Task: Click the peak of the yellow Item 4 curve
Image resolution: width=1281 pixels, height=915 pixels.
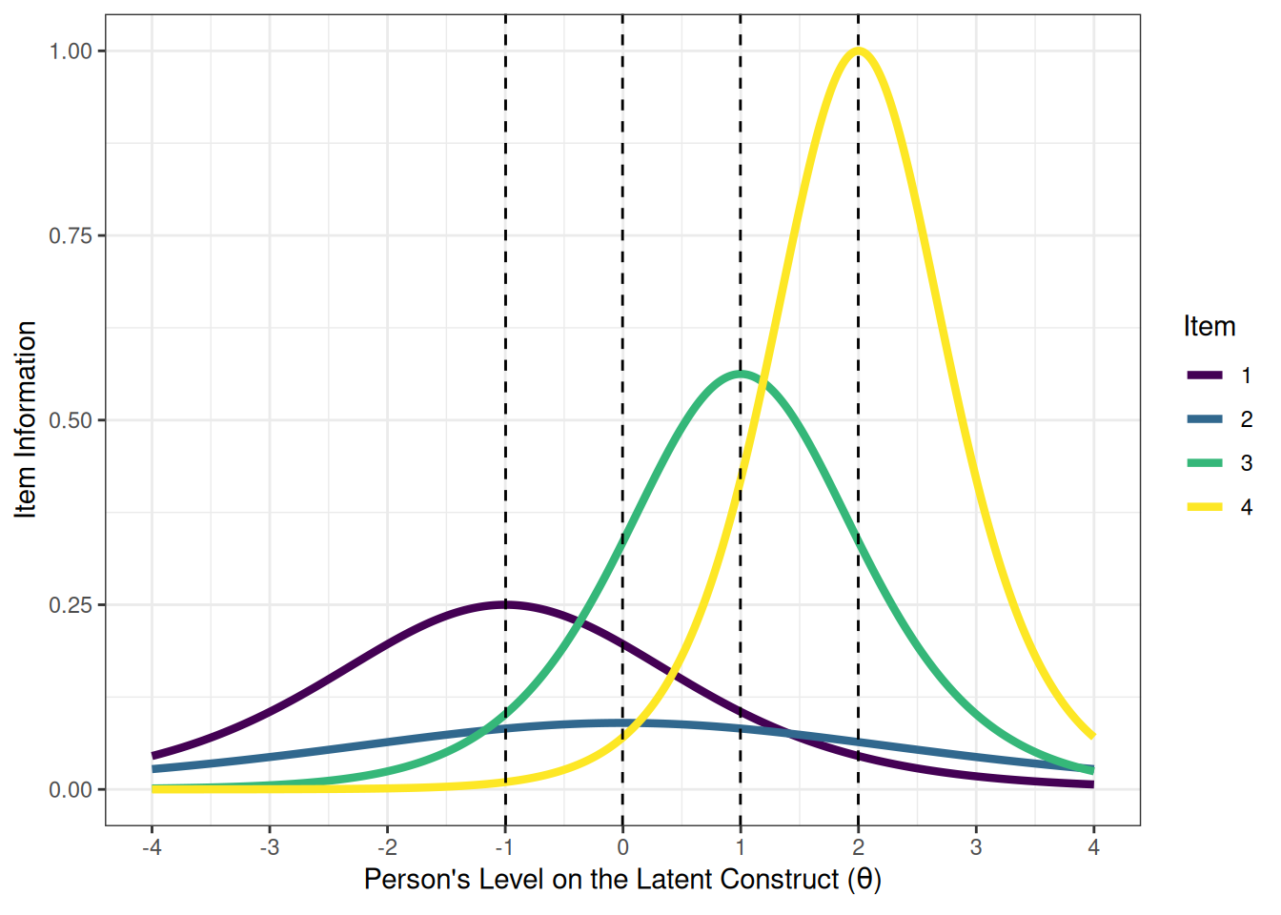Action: pyautogui.click(x=858, y=51)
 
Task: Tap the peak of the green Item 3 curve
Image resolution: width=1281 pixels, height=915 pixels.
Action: pyautogui.click(x=741, y=374)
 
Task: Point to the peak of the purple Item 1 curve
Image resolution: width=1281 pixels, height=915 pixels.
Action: pyautogui.click(x=505, y=604)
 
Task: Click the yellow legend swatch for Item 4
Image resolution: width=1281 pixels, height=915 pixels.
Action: pyautogui.click(x=1205, y=507)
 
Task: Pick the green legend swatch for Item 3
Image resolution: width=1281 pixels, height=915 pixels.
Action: pyautogui.click(x=1205, y=463)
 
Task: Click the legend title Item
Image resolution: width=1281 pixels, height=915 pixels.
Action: pyautogui.click(x=1209, y=326)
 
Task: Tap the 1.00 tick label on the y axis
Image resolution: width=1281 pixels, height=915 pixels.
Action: pyautogui.click(x=71, y=51)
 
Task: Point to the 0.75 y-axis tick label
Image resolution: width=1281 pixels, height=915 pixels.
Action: pyautogui.click(x=71, y=235)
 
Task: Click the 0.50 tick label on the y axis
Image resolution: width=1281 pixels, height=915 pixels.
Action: pyautogui.click(x=71, y=420)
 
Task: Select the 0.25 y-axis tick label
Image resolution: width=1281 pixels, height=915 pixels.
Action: pyautogui.click(x=71, y=605)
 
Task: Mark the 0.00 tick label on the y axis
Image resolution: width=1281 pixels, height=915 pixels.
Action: pyautogui.click(x=71, y=790)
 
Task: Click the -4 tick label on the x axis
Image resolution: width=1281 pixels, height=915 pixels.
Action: pyautogui.click(x=151, y=847)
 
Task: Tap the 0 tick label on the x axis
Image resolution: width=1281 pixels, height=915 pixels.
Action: pyautogui.click(x=622, y=847)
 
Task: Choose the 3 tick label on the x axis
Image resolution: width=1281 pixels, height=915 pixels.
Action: pyautogui.click(x=976, y=847)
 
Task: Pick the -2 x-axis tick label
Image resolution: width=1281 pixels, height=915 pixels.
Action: pyautogui.click(x=386, y=847)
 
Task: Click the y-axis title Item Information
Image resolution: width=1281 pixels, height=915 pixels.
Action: pyautogui.click(x=26, y=419)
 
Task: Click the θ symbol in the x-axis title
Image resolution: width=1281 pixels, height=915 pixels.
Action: pyautogui.click(x=864, y=879)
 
